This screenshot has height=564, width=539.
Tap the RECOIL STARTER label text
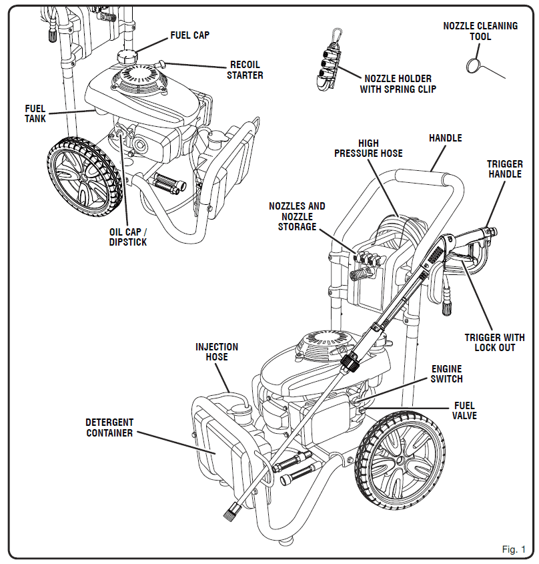[x=245, y=70]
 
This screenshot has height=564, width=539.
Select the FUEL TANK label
[x=35, y=113]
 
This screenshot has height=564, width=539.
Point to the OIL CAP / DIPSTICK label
[x=128, y=237]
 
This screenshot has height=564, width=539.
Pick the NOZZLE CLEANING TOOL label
[x=480, y=31]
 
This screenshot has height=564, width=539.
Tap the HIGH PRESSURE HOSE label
[x=368, y=148]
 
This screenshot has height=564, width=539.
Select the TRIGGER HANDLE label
[x=504, y=169]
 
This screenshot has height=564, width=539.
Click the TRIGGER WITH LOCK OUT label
[x=494, y=342]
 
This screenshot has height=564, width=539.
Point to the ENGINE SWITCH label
[x=446, y=374]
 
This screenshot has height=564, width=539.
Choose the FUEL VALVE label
[x=465, y=410]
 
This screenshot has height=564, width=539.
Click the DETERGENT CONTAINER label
[x=109, y=428]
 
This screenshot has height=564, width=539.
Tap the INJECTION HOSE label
[x=216, y=352]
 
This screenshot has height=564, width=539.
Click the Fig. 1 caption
[x=514, y=549]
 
